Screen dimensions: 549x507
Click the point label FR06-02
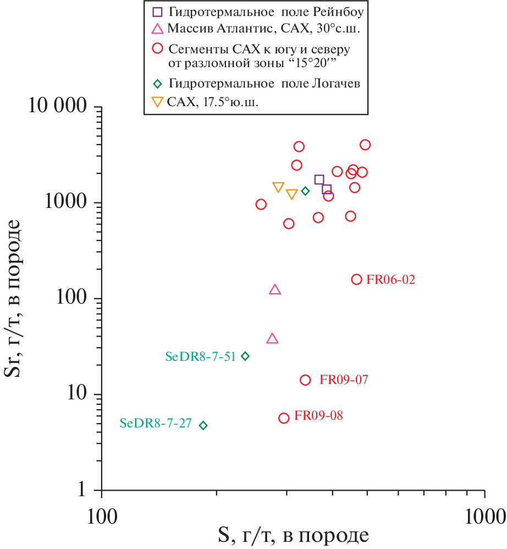click(390, 279)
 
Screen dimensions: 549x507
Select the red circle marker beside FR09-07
click(305, 380)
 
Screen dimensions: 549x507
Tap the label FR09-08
click(318, 415)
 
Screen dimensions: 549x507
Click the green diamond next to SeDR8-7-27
click(203, 425)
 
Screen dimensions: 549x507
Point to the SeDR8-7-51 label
click(200, 356)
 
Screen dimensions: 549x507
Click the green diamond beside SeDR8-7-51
click(245, 356)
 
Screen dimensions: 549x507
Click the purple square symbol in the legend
click(157, 11)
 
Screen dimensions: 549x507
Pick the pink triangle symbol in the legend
click(157, 29)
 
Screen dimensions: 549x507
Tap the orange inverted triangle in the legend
click(157, 102)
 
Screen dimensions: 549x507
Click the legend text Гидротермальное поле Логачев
click(264, 84)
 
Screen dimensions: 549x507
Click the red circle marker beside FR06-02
click(356, 279)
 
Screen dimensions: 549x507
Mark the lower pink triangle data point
click(272, 338)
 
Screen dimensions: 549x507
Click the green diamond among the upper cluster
click(305, 191)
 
